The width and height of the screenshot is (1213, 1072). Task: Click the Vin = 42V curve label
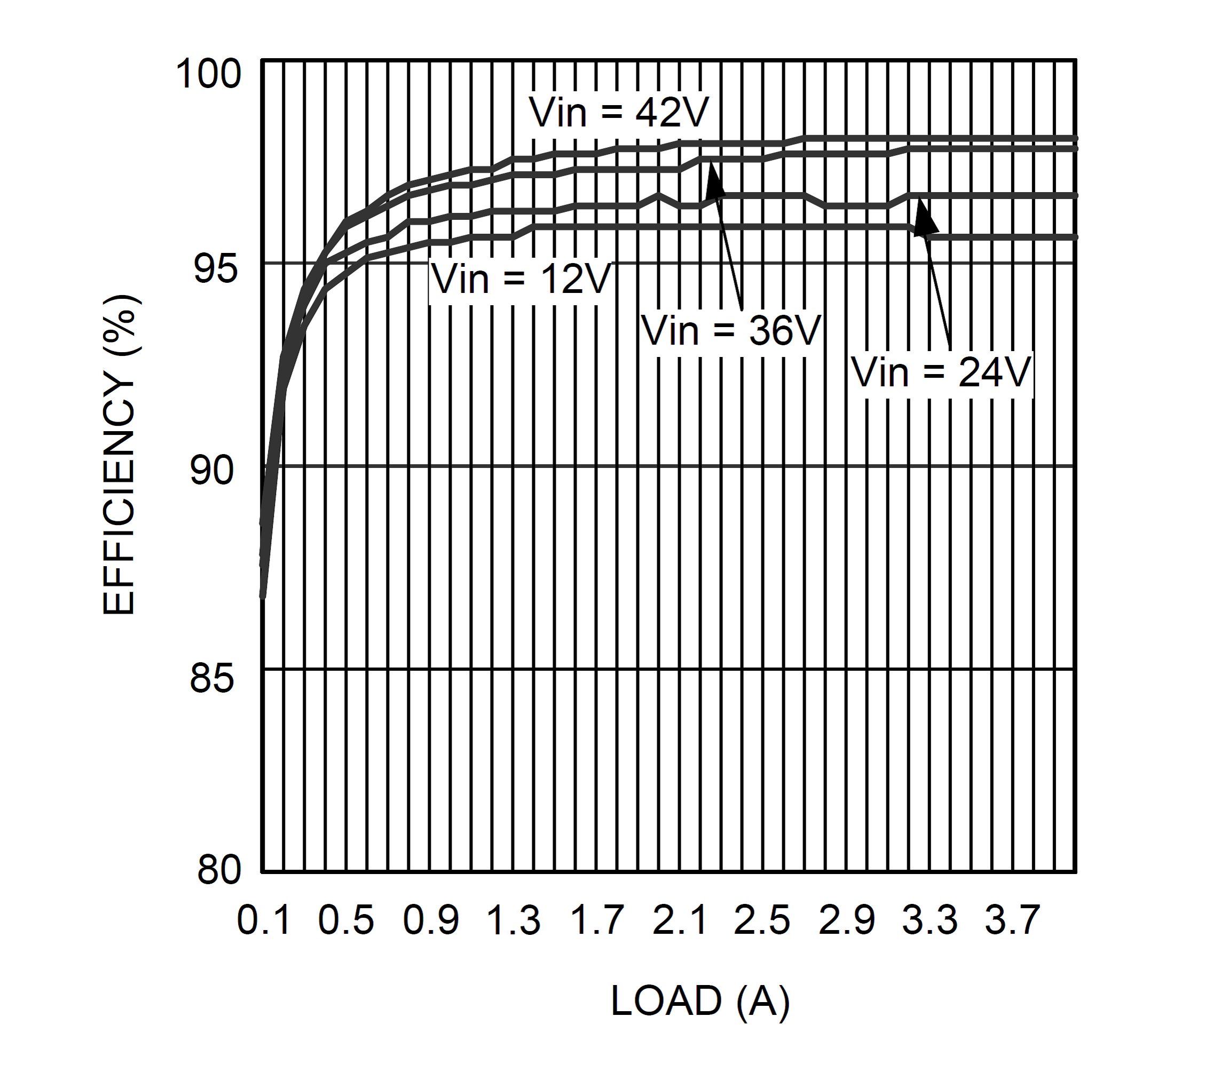619,113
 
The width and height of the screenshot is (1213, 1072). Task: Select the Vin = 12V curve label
521,280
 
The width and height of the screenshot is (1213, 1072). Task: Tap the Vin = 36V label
731,331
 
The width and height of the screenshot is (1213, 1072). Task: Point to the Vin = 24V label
942,373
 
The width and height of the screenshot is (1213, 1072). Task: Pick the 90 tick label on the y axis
212,471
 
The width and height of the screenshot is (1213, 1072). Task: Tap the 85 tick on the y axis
212,678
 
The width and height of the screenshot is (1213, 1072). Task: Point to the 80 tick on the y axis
219,870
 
